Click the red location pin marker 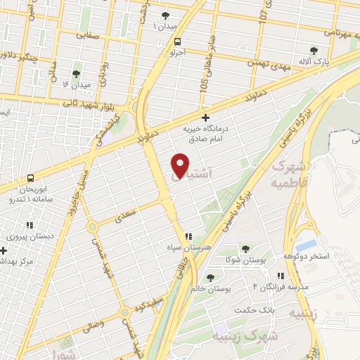click(181, 166)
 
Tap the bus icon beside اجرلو click(178, 41)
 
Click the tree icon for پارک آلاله click(314, 51)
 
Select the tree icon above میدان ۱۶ click(76, 72)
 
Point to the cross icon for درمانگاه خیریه click(205, 117)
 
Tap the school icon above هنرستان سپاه click(188, 237)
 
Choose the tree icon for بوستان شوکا click(245, 249)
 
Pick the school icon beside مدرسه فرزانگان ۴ click(280, 276)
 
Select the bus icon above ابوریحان click(30, 179)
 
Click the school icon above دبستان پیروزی click(30, 225)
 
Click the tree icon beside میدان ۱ click(166, 15)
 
